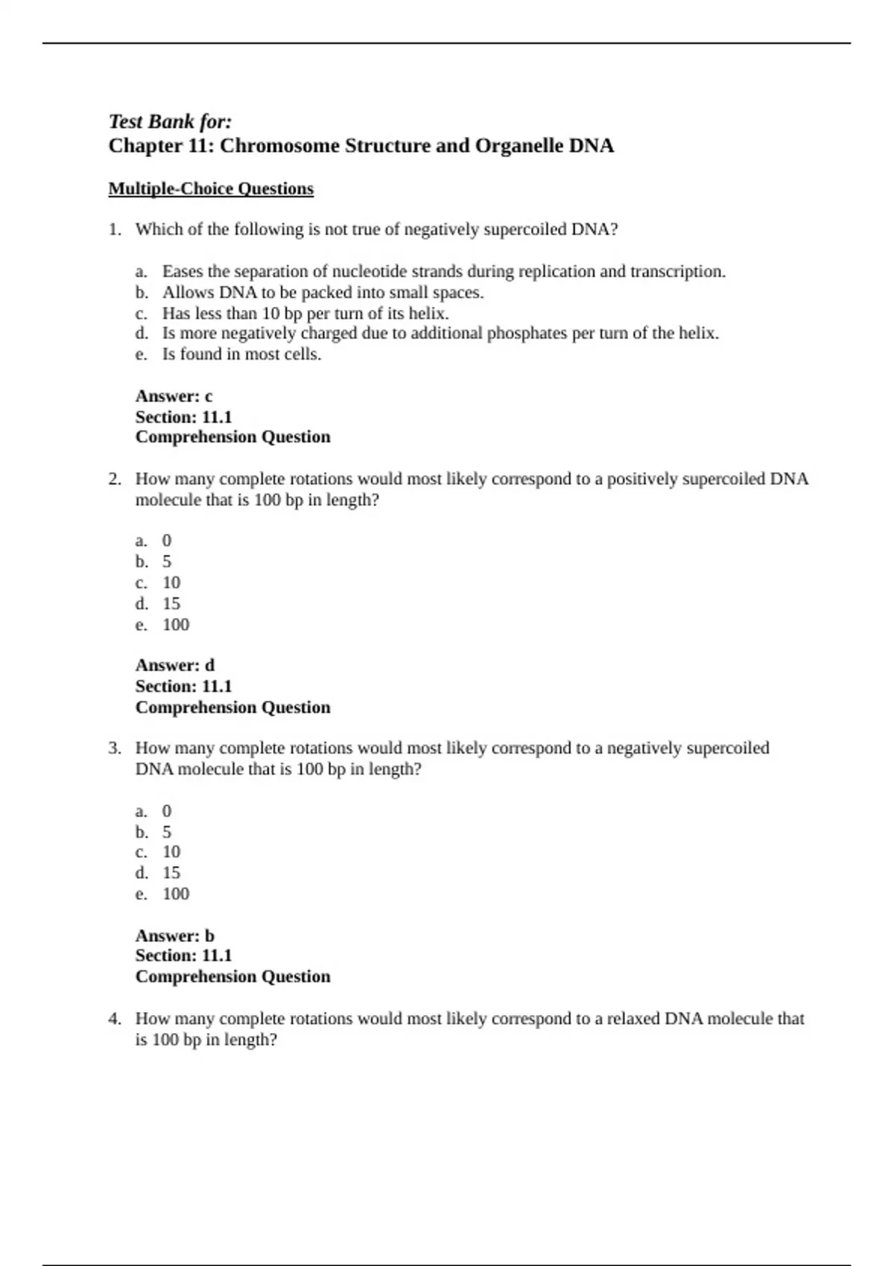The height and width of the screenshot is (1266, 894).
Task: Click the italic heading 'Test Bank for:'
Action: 170,121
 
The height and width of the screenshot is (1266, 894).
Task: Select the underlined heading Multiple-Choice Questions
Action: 211,189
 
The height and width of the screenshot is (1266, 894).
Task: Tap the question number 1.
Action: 114,229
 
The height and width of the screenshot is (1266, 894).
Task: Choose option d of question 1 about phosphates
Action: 440,334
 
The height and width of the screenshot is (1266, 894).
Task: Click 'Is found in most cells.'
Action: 241,354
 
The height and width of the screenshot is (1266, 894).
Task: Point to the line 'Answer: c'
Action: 174,396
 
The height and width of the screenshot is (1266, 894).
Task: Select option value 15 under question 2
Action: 171,604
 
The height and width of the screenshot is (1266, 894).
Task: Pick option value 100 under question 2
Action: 176,625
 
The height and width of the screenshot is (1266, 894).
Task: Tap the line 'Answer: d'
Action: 174,665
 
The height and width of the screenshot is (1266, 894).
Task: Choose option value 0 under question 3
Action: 167,811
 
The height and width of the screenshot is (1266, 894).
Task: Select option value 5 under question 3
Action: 167,832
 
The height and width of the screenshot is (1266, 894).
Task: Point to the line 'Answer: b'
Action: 174,935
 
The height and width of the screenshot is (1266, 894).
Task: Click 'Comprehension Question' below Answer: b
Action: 232,976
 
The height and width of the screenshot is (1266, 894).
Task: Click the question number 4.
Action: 114,1018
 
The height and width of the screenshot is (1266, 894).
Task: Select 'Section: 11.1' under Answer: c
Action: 183,417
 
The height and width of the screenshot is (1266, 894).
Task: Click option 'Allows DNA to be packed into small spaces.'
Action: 323,293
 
